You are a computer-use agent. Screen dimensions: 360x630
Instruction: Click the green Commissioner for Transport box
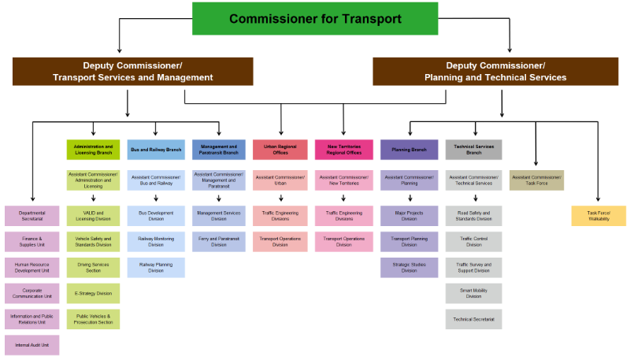[x=315, y=18]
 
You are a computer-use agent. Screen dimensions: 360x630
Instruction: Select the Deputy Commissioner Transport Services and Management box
[x=132, y=72]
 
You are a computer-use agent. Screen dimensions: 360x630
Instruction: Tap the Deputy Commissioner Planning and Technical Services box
[x=495, y=72]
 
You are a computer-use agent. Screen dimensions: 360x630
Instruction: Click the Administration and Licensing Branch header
[x=93, y=150]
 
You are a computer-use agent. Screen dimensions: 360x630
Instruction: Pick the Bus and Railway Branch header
[x=156, y=150]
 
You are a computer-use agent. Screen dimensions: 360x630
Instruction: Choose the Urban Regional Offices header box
[x=280, y=150]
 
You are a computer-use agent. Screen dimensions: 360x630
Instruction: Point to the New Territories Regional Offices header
[x=344, y=150]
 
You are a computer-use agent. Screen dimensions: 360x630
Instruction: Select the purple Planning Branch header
[x=409, y=150]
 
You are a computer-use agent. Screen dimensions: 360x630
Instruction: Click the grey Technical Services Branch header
[x=473, y=150]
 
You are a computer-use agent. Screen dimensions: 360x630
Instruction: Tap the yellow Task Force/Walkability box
[x=598, y=216]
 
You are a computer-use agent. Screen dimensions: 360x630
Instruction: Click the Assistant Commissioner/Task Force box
[x=536, y=180]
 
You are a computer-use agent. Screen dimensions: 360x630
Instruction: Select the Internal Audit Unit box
[x=31, y=344]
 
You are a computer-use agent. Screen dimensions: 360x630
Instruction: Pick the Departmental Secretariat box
[x=31, y=216]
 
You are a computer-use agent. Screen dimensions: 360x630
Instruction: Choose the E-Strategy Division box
[x=93, y=293]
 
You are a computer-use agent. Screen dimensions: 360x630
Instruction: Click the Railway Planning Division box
[x=156, y=267]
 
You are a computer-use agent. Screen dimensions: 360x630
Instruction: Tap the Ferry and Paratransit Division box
[x=219, y=241]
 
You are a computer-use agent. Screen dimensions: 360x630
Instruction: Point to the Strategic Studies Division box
[x=409, y=267]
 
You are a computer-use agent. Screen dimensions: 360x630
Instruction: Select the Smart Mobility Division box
[x=473, y=293]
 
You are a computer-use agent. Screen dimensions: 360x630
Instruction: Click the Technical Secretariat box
[x=473, y=318]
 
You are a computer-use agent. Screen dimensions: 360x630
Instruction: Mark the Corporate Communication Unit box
[x=31, y=293]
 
